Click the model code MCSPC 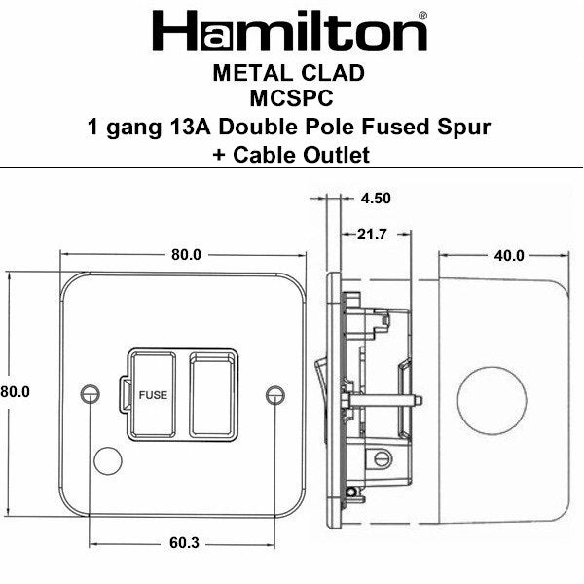(291, 98)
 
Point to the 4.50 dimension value (375, 198)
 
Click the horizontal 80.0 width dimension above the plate (185, 256)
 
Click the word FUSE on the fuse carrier (154, 394)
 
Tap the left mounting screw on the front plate (92, 393)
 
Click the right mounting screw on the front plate (275, 393)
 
